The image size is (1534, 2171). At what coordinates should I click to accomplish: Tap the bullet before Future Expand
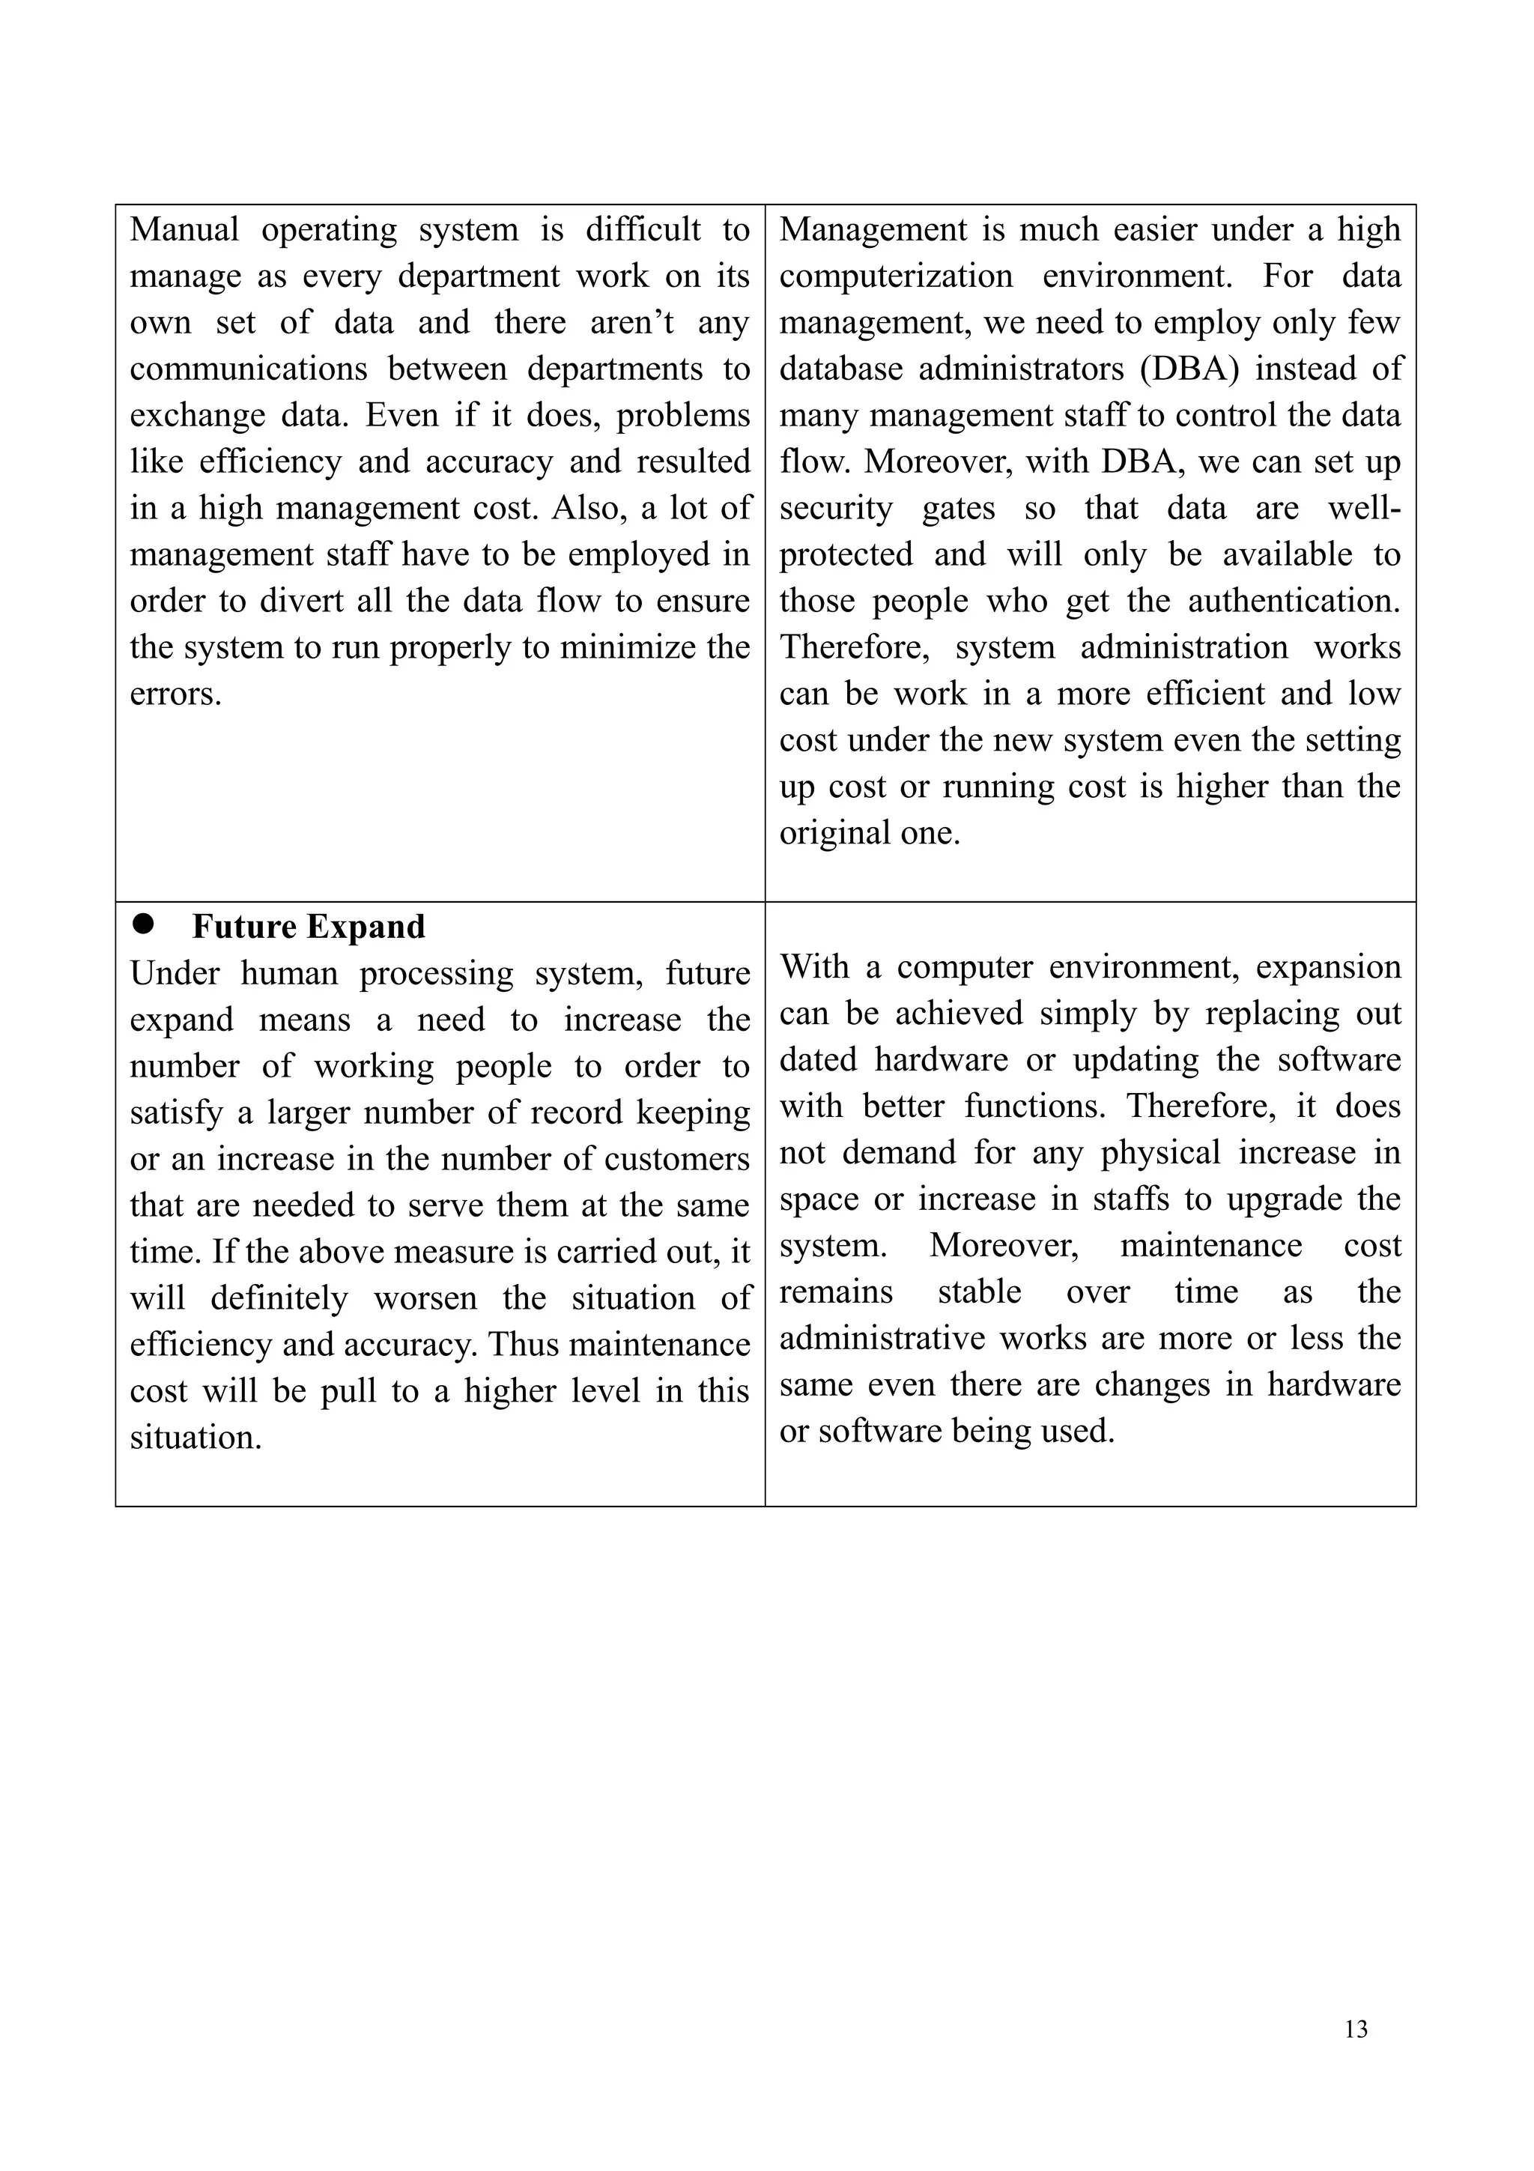tap(144, 924)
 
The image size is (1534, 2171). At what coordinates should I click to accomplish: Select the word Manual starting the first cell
tap(184, 230)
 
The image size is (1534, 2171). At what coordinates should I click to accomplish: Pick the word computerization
tap(895, 277)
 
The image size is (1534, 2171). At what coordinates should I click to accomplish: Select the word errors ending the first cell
tap(175, 694)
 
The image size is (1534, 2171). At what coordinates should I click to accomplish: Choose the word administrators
tap(1021, 369)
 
